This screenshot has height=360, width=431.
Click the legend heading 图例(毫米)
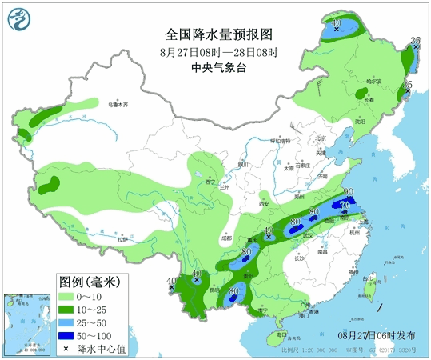pos(89,282)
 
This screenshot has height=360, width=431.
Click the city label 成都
pos(226,238)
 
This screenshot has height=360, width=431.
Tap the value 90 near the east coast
pos(349,191)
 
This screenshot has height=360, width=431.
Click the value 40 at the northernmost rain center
pos(337,22)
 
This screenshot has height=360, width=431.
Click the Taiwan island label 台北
pos(369,278)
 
